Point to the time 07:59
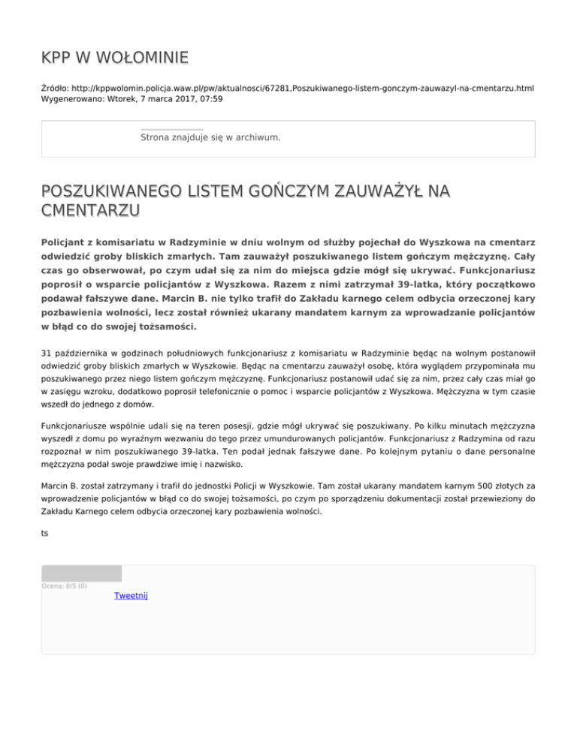tap(208, 98)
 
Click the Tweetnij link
tap(131, 595)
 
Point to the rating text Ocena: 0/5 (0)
tap(64, 585)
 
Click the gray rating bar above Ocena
tap(81, 573)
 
